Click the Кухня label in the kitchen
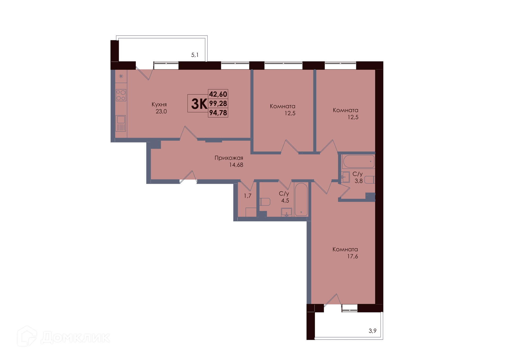coord(159,105)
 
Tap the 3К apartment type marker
coord(199,104)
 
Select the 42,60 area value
coord(218,94)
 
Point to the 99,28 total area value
coord(218,103)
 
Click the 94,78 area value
coord(218,113)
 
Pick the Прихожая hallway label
coord(229,158)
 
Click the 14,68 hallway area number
coord(236,165)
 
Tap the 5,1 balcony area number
coord(195,55)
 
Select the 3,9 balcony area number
coord(372,331)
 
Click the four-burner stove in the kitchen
coord(121,95)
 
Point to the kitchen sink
coord(121,123)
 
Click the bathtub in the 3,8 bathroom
coord(358,161)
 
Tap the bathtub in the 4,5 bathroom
coord(301,199)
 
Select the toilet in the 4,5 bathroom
coord(265,202)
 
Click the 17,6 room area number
coord(353,256)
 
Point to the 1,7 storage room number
coord(248,196)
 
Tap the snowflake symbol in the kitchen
coord(121,76)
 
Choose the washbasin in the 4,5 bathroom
coord(286,212)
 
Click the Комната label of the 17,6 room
coord(345,249)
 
